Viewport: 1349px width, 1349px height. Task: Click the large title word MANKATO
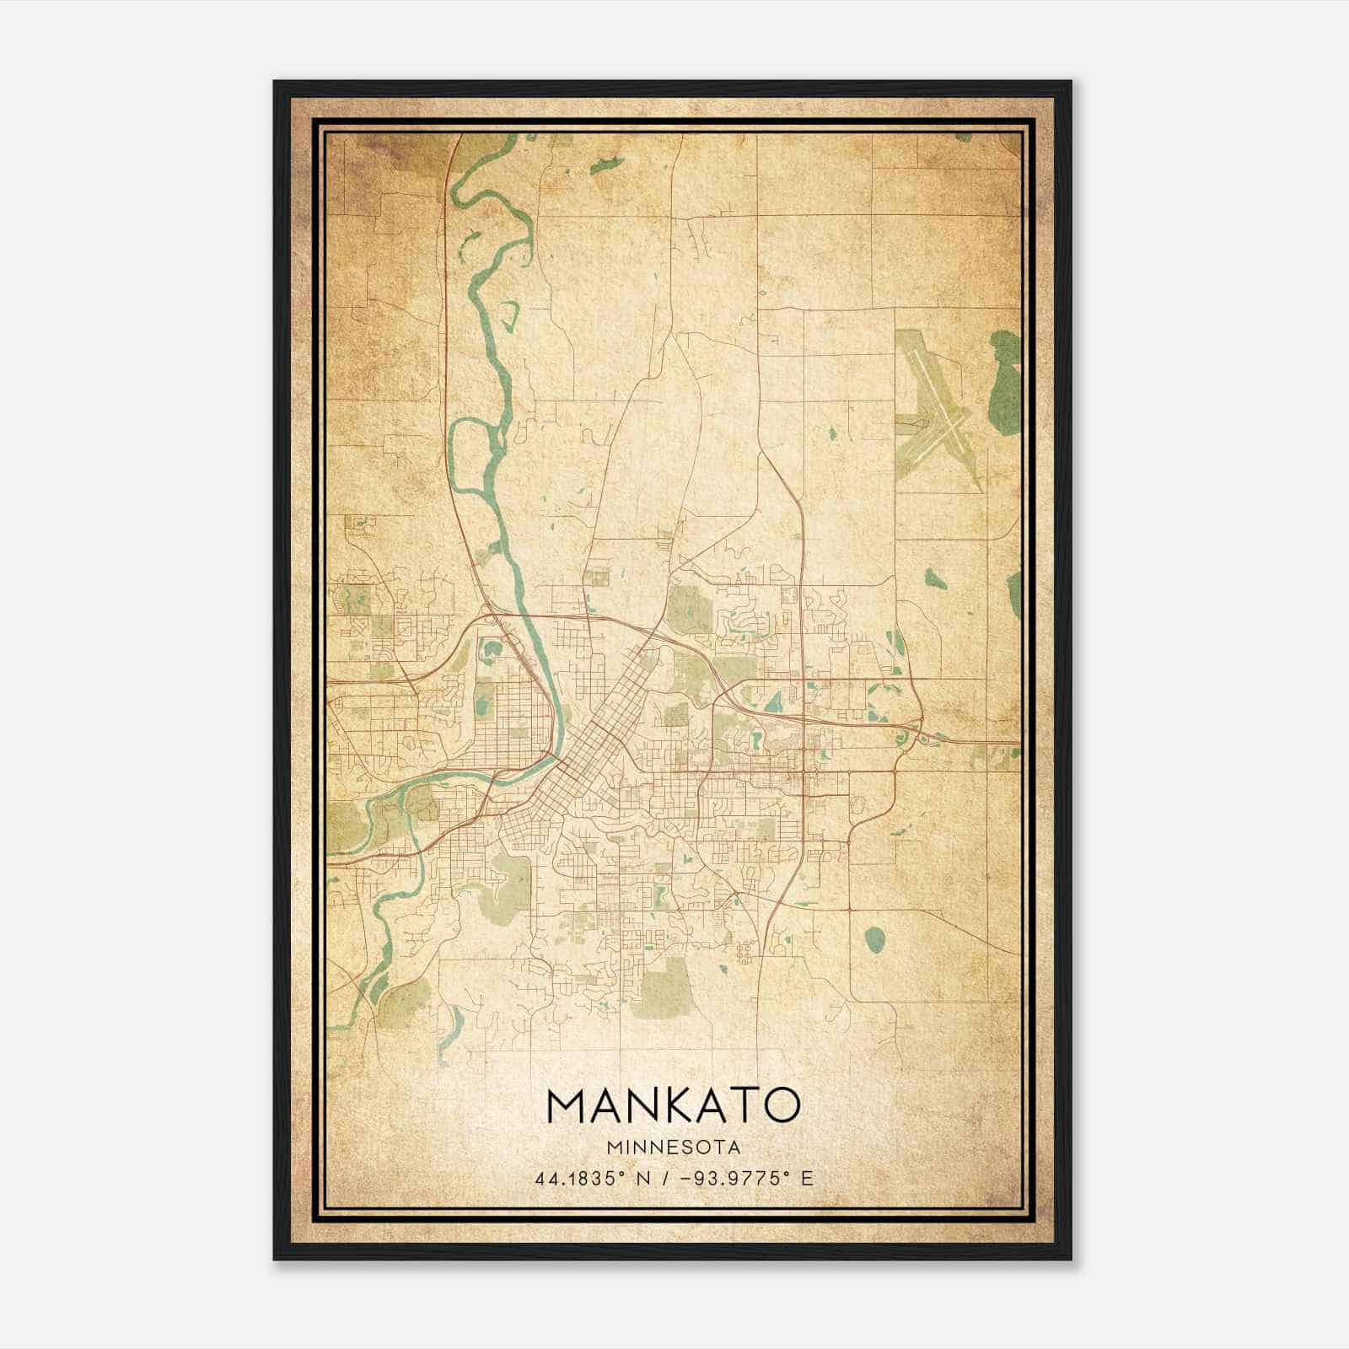pos(673,1105)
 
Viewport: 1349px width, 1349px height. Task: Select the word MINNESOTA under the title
pos(673,1147)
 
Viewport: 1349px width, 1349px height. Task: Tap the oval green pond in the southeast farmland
pos(874,937)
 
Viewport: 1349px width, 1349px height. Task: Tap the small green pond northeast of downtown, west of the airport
pos(832,434)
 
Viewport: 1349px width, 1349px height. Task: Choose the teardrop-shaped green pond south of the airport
pos(934,579)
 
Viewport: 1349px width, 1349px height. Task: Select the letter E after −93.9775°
pos(807,1178)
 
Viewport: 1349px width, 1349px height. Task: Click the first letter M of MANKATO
pos(567,1105)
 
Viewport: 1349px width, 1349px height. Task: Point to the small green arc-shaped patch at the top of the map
pos(606,164)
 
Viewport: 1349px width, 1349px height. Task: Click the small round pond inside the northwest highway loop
pos(490,650)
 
